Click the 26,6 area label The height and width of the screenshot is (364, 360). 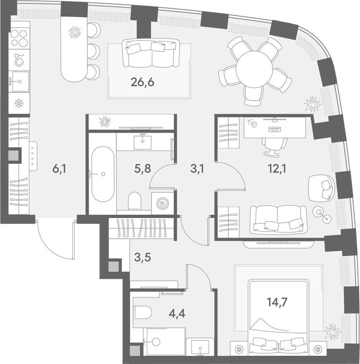click(x=142, y=82)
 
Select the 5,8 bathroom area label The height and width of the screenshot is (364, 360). click(x=142, y=169)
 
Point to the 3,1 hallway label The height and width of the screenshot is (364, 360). click(x=197, y=169)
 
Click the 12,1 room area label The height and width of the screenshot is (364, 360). click(x=277, y=169)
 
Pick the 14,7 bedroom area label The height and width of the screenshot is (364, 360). click(x=277, y=302)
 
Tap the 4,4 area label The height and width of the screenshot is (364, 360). click(x=177, y=314)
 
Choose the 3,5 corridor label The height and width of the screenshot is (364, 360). click(x=143, y=257)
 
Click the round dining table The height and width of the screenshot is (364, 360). click(x=254, y=69)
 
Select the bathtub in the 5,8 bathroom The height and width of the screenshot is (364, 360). click(x=103, y=174)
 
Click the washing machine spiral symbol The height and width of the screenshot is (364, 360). click(x=162, y=204)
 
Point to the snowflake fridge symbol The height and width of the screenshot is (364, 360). click(x=19, y=103)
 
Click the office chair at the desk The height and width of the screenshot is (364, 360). click(x=274, y=146)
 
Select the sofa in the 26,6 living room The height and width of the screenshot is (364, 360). click(x=151, y=53)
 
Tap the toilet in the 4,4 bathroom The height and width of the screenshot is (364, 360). click(x=142, y=311)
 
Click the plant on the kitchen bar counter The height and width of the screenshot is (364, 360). click(x=75, y=32)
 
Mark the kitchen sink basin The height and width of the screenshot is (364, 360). click(x=20, y=81)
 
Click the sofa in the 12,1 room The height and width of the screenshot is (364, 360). click(x=278, y=220)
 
